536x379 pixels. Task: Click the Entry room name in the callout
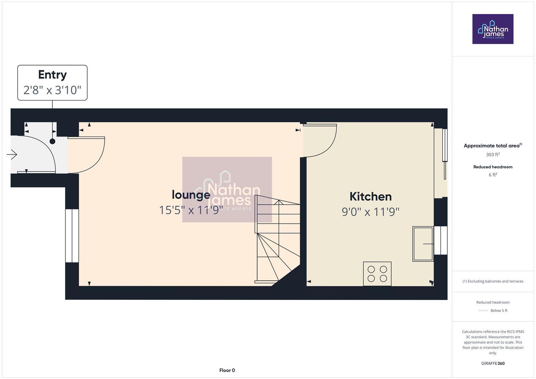click(x=52, y=75)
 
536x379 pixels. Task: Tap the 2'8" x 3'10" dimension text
click(x=52, y=90)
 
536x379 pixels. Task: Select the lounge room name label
click(x=191, y=195)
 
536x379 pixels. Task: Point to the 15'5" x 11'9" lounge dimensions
click(x=191, y=210)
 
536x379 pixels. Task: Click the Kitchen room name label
click(x=370, y=197)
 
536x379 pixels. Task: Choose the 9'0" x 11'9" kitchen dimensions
click(x=370, y=212)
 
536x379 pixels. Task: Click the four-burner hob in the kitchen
click(x=377, y=274)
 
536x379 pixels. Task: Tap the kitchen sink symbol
click(x=423, y=244)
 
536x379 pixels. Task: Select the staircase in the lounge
click(x=277, y=239)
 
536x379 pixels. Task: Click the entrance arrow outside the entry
click(x=12, y=154)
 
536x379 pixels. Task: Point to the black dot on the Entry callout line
click(x=52, y=141)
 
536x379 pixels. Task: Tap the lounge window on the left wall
click(x=72, y=236)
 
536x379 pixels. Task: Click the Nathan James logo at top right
click(x=492, y=29)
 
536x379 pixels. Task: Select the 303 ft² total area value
click(x=492, y=155)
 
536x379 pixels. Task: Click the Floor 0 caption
click(x=227, y=370)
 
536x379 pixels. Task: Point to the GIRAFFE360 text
click(x=492, y=364)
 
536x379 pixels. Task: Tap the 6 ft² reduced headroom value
click(x=492, y=175)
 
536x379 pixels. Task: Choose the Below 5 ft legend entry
click(x=498, y=311)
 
